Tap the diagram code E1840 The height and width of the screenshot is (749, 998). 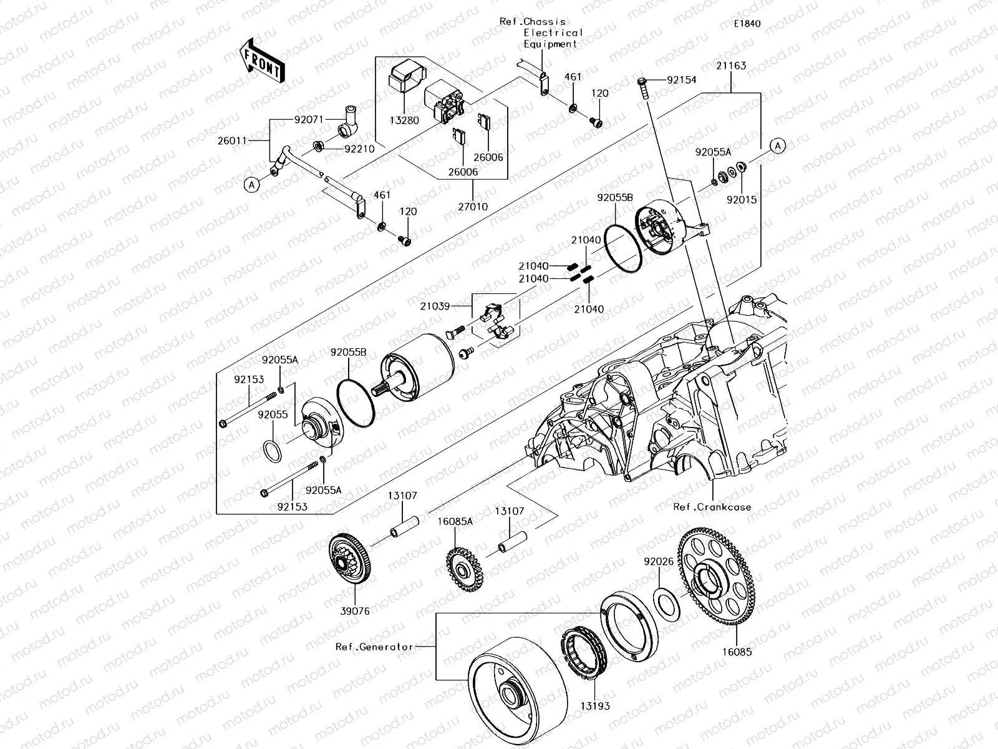[x=747, y=24]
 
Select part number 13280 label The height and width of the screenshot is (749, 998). [x=405, y=120]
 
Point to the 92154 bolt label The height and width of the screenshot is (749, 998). [x=681, y=80]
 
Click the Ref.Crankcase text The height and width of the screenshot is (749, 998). [x=712, y=507]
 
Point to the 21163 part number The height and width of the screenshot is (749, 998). [x=731, y=66]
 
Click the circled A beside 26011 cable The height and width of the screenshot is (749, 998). [x=251, y=185]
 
